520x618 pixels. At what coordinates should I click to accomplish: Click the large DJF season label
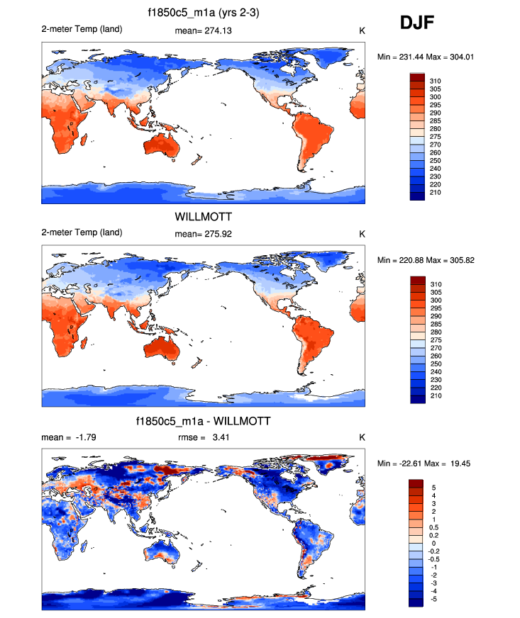pyautogui.click(x=418, y=23)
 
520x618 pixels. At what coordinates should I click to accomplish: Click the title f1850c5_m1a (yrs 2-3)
pyautogui.click(x=202, y=13)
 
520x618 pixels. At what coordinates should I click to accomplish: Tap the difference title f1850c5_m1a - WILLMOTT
pyautogui.click(x=202, y=422)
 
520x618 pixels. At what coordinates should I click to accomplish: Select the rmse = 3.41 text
pyautogui.click(x=203, y=437)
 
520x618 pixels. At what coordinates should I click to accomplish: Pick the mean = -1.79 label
pyautogui.click(x=69, y=437)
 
